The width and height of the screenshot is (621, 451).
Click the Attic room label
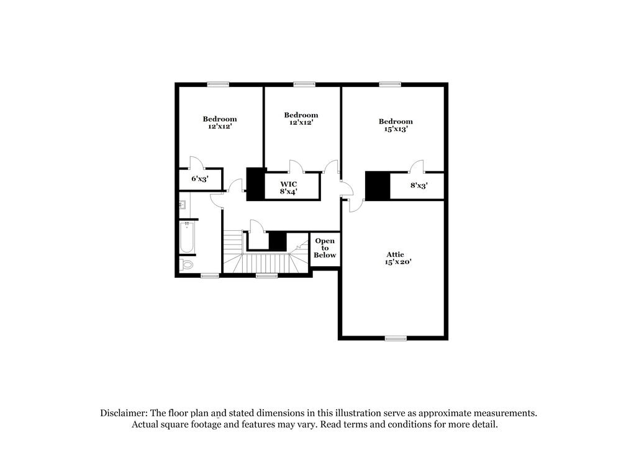(395, 254)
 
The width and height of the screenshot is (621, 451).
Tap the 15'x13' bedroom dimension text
(396, 130)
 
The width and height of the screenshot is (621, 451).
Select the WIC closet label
(288, 184)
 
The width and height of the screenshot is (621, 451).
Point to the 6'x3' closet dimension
(199, 179)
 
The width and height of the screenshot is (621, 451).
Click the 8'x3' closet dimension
(419, 185)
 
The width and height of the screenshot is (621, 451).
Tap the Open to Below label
(325, 248)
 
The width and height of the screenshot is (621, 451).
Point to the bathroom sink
(184, 202)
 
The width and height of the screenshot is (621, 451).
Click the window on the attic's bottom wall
(396, 338)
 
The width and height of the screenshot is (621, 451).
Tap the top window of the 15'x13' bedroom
(389, 84)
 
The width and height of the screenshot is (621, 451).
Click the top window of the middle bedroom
(304, 84)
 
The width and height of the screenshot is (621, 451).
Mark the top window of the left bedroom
(218, 84)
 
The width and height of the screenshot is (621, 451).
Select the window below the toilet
(210, 275)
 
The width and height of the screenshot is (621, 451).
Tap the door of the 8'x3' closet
(416, 166)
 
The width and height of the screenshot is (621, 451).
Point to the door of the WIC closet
(295, 166)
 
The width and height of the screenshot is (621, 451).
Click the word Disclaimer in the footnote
(122, 413)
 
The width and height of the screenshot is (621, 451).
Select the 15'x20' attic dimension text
(399, 262)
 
